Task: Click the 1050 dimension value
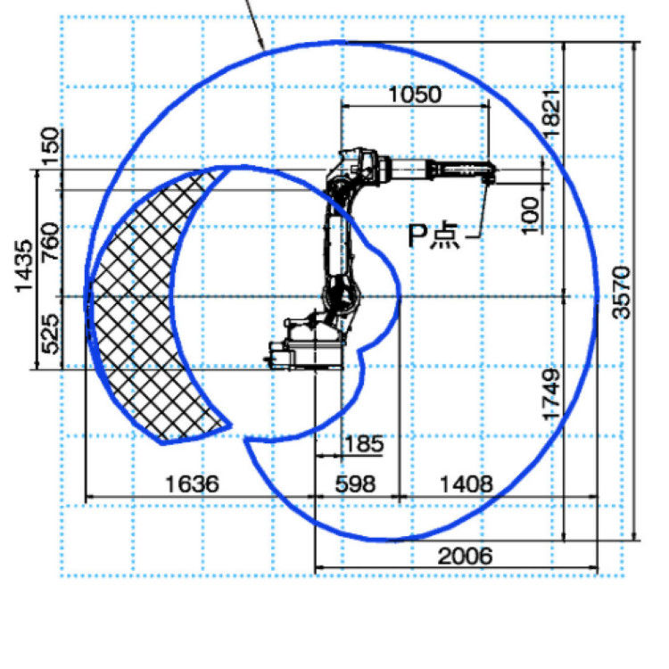tap(415, 95)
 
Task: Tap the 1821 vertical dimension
tap(551, 113)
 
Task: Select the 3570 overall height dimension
tap(621, 293)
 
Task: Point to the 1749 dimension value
tap(551, 394)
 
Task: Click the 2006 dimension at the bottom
tap(465, 556)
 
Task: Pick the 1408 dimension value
tap(466, 484)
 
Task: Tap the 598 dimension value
tap(355, 484)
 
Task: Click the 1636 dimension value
tap(192, 484)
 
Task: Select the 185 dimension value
tap(364, 444)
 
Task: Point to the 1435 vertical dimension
tap(23, 266)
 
